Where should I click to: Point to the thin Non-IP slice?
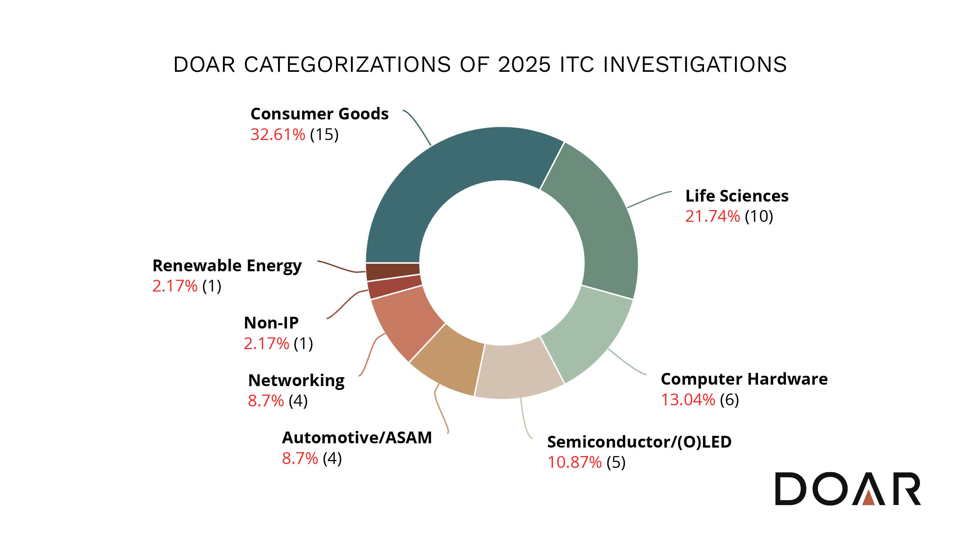(394, 287)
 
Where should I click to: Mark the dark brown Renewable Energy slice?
(393, 272)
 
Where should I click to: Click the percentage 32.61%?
(278, 134)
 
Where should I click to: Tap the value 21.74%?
(712, 216)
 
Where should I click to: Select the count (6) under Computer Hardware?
(729, 400)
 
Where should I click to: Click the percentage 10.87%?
(574, 463)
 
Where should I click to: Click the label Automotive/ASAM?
(357, 438)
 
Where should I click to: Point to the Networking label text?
(296, 380)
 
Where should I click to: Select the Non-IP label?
(271, 323)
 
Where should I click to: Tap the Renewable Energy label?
(227, 266)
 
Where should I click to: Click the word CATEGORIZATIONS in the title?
(347, 64)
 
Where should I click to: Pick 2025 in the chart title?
(524, 64)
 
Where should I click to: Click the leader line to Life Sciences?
(649, 199)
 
